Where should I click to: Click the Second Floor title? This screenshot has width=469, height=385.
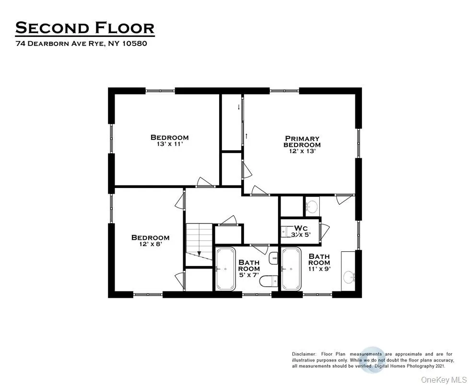(85, 28)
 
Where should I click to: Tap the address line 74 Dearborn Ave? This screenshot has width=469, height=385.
(81, 44)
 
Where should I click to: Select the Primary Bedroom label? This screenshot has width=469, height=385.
(302, 141)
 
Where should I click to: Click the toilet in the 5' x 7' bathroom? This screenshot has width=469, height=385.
(269, 281)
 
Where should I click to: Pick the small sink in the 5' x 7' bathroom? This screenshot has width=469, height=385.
(273, 258)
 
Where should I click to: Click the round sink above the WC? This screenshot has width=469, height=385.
(312, 206)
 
